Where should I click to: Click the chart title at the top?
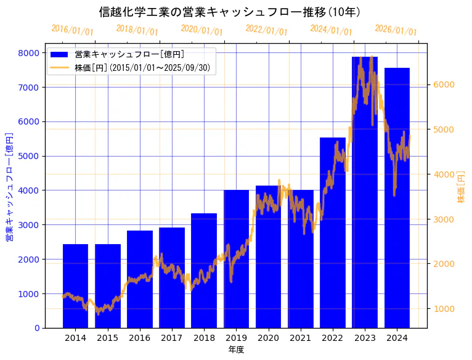click(x=230, y=12)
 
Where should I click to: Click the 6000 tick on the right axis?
click(x=442, y=84)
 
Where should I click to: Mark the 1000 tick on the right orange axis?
click(x=442, y=308)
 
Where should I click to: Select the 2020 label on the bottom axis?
click(x=268, y=338)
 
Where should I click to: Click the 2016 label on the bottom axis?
click(x=140, y=338)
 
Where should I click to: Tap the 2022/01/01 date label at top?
click(x=266, y=30)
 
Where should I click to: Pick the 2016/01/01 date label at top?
click(x=72, y=30)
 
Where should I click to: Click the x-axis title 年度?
click(x=236, y=350)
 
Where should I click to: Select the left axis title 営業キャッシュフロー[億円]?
click(x=9, y=186)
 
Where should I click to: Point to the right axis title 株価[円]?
click(x=462, y=188)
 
